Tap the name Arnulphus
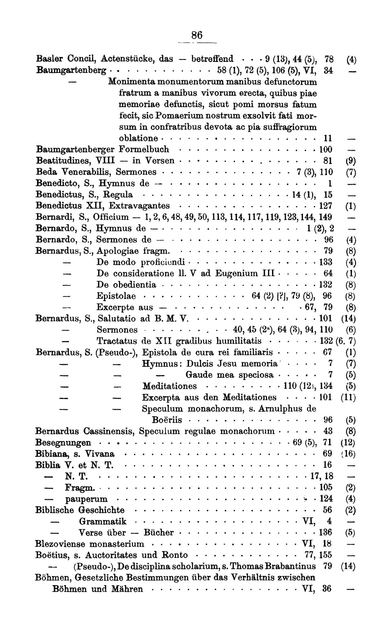click(279, 408)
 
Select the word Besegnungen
click(63, 442)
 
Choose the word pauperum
click(86, 499)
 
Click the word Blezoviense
click(62, 544)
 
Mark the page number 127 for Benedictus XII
click(325, 206)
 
